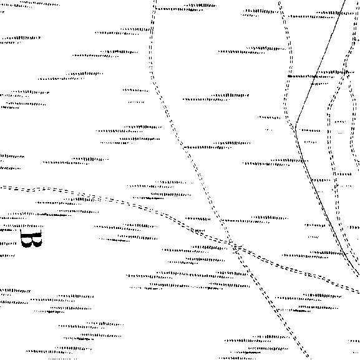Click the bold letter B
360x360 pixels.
click(31, 238)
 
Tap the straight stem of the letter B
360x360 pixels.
click(31, 235)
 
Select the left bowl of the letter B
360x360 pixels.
click(26, 242)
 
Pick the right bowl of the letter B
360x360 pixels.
click(37, 242)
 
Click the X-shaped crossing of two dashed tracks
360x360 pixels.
click(236, 248)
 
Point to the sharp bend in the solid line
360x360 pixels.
click(296, 124)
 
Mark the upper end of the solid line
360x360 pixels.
click(345, 1)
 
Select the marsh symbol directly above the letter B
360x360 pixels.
click(23, 226)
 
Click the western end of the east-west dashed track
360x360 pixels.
click(1, 188)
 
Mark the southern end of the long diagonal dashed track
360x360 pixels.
click(307, 358)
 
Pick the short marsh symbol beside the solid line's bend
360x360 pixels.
click(310, 130)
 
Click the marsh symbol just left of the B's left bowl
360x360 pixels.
click(8, 243)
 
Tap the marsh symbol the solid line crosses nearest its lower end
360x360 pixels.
click(328, 253)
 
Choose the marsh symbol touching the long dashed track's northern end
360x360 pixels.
click(179, 9)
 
